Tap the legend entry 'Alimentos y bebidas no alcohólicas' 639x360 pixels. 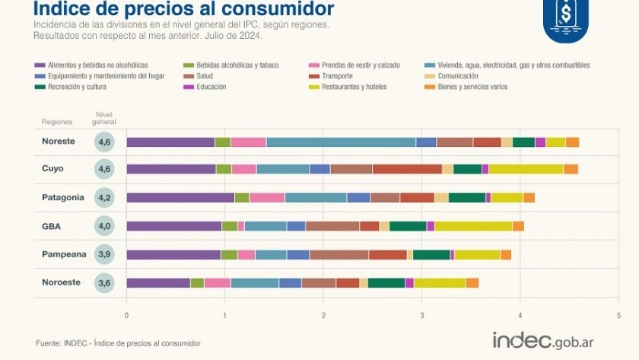pos(97,65)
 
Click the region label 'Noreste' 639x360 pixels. pos(59,141)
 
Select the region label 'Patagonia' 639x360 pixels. pos(62,197)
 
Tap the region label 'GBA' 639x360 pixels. pos(52,225)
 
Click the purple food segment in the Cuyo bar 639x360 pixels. pos(171,169)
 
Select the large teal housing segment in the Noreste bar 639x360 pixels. pos(341,142)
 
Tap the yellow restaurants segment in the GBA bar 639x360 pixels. pos(473,226)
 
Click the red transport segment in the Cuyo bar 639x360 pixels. pos(407,169)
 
